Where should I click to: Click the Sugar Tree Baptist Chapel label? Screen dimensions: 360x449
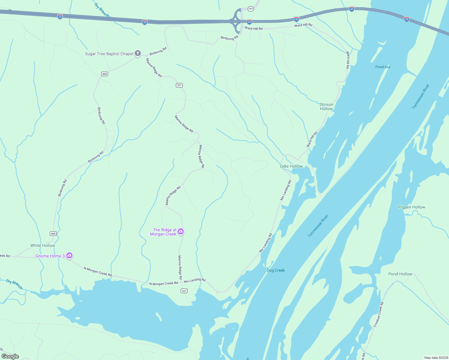click(x=109, y=54)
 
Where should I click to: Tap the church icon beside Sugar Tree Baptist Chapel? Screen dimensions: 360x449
click(x=138, y=54)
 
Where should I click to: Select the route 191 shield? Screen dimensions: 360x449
click(x=251, y=9)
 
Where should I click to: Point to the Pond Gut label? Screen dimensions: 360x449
click(x=383, y=67)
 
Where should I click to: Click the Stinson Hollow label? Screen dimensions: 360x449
click(x=326, y=106)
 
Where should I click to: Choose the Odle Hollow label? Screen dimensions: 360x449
click(x=291, y=166)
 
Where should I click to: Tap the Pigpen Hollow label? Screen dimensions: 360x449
click(x=411, y=207)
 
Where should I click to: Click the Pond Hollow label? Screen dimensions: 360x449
click(x=400, y=274)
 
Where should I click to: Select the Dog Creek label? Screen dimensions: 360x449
click(x=276, y=270)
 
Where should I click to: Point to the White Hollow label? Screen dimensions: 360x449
click(x=43, y=245)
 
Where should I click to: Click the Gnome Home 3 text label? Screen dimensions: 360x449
click(x=50, y=256)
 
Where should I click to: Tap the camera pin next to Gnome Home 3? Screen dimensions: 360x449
click(x=69, y=256)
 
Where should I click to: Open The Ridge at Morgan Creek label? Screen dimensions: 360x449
click(x=163, y=232)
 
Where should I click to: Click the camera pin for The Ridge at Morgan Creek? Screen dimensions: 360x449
click(x=181, y=231)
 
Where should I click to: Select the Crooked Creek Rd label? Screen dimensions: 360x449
click(x=378, y=314)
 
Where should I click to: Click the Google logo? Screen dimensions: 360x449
click(x=10, y=356)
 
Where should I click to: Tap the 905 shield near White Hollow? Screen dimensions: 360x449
click(x=53, y=233)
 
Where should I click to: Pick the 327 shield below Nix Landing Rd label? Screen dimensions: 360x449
click(x=184, y=291)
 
